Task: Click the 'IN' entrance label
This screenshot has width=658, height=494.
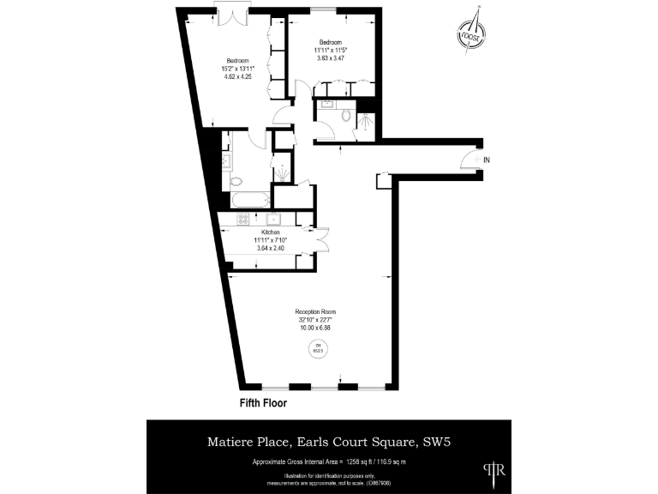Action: pyautogui.click(x=486, y=160)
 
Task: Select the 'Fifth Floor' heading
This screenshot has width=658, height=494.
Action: pyautogui.click(x=263, y=402)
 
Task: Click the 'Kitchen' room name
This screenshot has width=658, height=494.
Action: pyautogui.click(x=271, y=232)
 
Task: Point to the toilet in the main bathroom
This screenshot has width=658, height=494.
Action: pyautogui.click(x=236, y=181)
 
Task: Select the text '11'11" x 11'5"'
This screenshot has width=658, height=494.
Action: pyautogui.click(x=330, y=51)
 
